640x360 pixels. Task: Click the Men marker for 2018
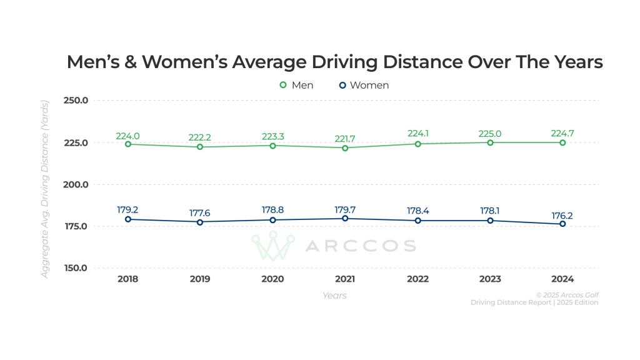coord(127,144)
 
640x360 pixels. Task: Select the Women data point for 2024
coord(562,224)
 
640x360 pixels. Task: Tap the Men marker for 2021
coord(345,147)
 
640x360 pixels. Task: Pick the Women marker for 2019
coord(200,222)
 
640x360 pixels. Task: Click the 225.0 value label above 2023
coord(490,133)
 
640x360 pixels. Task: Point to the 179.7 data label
coord(345,209)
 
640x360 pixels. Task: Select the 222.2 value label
coord(200,137)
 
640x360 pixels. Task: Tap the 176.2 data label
coord(562,215)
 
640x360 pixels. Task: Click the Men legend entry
coord(296,85)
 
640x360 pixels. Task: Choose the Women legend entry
coord(364,85)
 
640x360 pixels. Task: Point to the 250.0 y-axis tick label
coord(76,101)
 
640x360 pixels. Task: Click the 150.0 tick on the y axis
coord(76,268)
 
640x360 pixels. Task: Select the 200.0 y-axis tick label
coord(76,184)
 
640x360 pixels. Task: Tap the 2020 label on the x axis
coord(272,279)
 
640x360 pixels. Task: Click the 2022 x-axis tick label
coord(417,279)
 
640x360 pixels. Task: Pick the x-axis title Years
coord(335,295)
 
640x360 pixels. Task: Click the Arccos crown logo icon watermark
coord(272,246)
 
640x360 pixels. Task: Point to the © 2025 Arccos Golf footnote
coord(567,294)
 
